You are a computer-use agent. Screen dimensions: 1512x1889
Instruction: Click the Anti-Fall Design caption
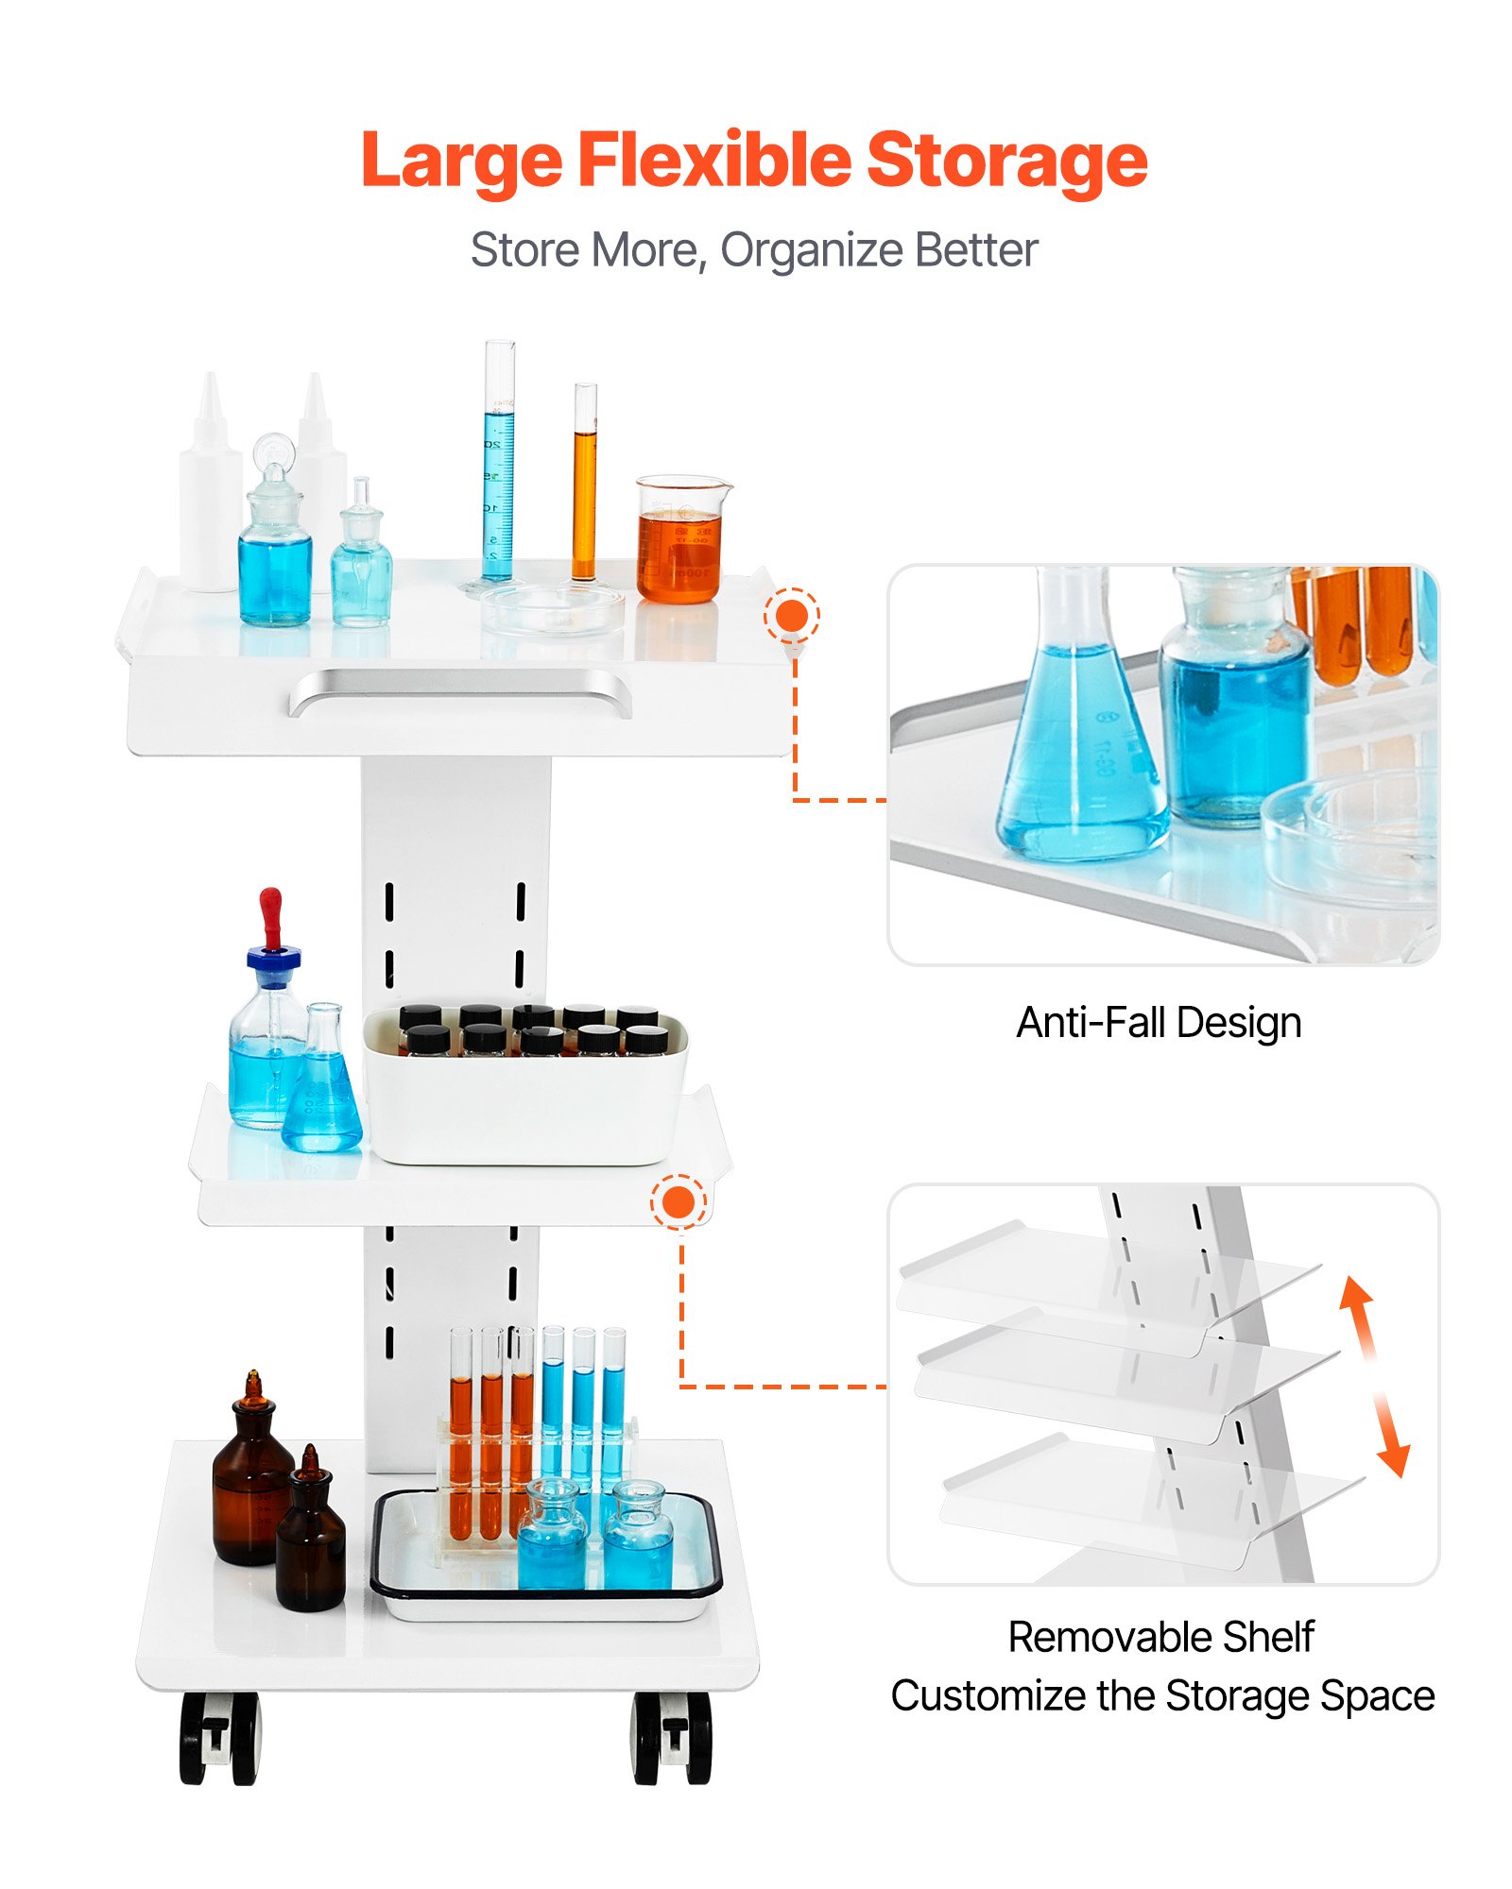click(x=1159, y=1023)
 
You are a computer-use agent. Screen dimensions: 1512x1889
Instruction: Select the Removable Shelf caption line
click(x=1161, y=1637)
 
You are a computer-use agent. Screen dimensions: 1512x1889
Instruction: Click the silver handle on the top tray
click(x=460, y=691)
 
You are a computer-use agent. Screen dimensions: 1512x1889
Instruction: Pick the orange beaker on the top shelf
click(x=682, y=539)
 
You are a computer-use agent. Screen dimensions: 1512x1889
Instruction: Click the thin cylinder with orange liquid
click(x=585, y=484)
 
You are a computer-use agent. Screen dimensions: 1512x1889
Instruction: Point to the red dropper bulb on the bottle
click(x=271, y=916)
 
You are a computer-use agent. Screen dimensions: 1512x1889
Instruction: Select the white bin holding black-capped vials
click(x=526, y=1086)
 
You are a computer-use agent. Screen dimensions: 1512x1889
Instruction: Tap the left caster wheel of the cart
click(x=219, y=1738)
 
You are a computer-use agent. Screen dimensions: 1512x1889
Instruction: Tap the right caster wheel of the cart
click(x=672, y=1738)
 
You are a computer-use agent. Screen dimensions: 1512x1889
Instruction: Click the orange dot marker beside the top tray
click(x=792, y=616)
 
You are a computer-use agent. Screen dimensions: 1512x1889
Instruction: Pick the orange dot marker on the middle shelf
click(x=679, y=1202)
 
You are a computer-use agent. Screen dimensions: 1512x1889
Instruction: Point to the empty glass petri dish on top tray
click(x=553, y=608)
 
